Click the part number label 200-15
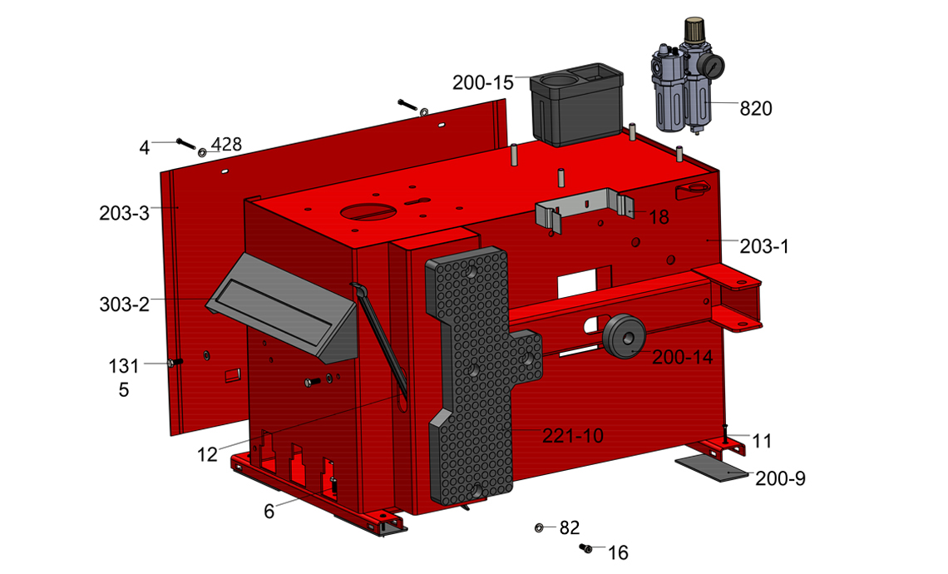(x=482, y=82)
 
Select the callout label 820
(x=756, y=108)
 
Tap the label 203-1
(x=764, y=246)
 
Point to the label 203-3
(x=124, y=213)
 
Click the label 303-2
(x=124, y=304)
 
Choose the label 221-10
(x=573, y=435)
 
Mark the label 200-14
(x=683, y=358)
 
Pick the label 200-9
(x=780, y=478)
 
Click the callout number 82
(x=570, y=528)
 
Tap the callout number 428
(x=227, y=145)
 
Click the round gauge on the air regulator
(x=713, y=66)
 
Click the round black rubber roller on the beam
(x=625, y=336)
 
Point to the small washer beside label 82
(x=539, y=528)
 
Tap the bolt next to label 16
(x=585, y=548)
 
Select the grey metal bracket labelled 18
(x=584, y=210)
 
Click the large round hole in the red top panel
(x=368, y=211)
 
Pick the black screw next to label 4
(x=185, y=144)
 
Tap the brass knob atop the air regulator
(x=694, y=29)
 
